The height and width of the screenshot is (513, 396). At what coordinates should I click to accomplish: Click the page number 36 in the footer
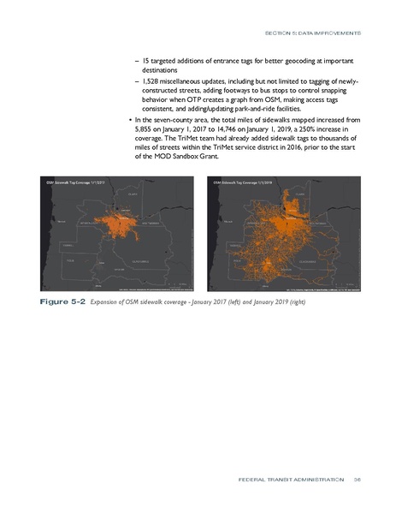(357, 480)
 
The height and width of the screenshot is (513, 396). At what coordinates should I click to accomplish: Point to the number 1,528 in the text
(151, 82)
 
